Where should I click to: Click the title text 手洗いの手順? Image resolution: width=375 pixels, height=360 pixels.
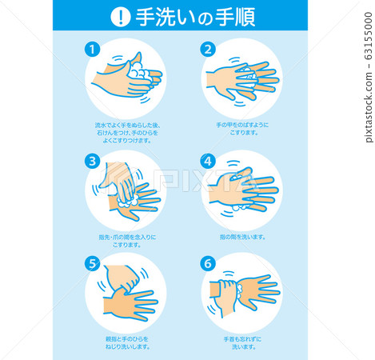[185, 15]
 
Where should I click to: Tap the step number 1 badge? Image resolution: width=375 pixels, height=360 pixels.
[92, 49]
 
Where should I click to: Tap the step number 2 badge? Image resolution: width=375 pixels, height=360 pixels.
[208, 49]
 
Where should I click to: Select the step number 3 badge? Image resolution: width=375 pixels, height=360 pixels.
[92, 159]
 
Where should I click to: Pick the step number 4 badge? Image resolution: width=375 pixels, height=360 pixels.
[208, 159]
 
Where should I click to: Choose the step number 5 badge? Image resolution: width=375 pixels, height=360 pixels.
[92, 262]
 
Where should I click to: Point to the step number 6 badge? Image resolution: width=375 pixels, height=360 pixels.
[208, 262]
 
